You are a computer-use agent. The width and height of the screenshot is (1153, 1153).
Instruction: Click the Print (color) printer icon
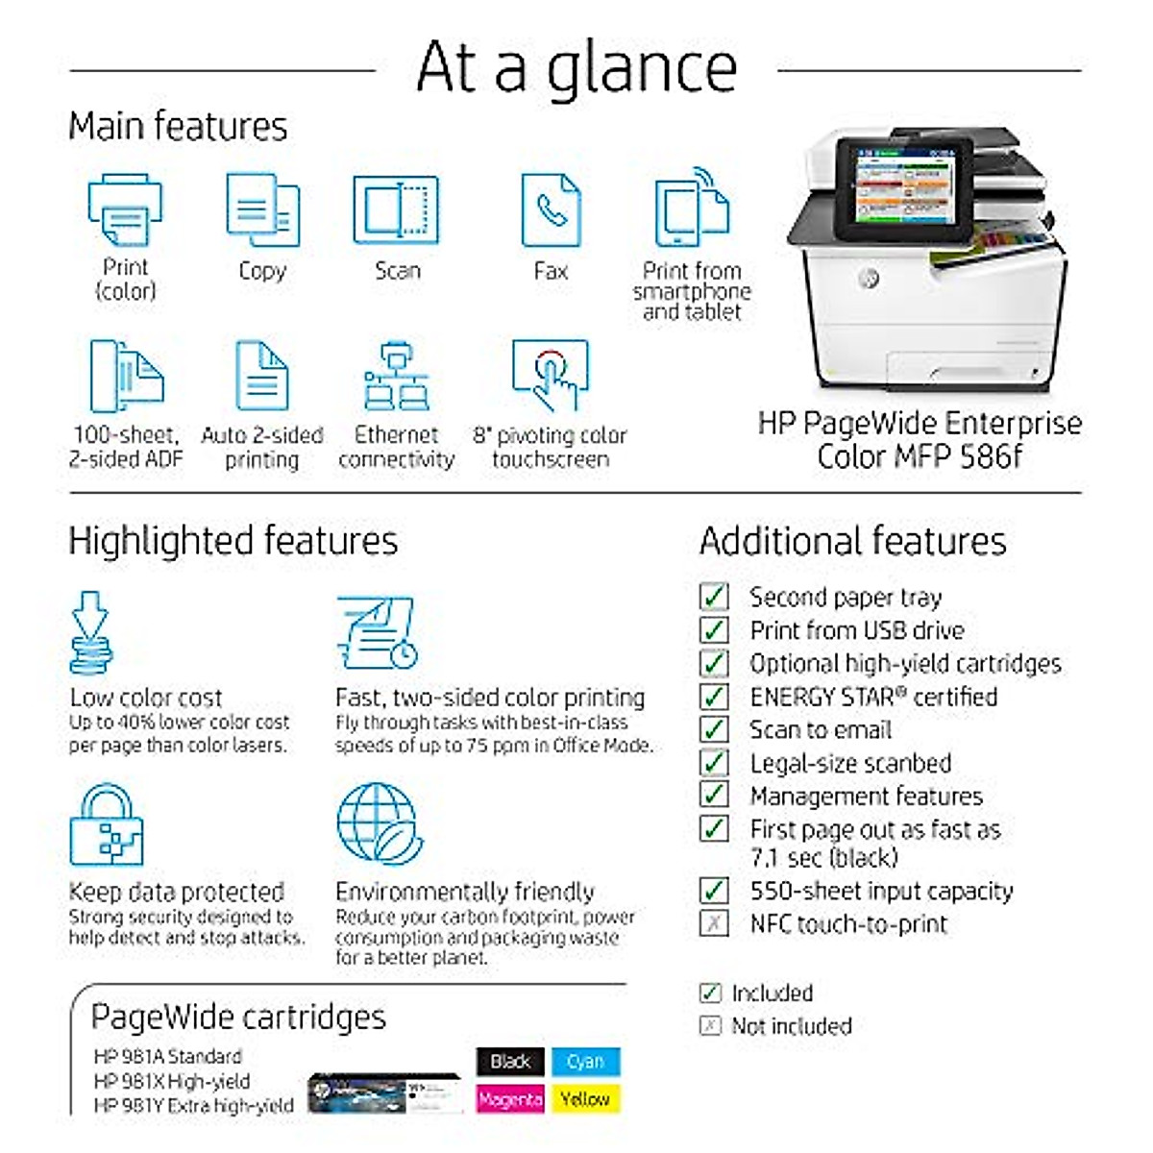click(125, 209)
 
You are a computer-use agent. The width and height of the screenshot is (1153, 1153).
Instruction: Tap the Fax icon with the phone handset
click(551, 210)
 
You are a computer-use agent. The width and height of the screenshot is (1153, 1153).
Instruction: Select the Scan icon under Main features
click(396, 210)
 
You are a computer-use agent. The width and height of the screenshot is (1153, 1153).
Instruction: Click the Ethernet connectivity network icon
click(396, 376)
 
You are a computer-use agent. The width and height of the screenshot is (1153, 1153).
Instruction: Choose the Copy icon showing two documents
click(262, 210)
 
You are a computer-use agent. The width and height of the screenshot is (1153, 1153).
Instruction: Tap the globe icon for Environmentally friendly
click(379, 824)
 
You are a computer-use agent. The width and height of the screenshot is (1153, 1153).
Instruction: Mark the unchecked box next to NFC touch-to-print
click(714, 923)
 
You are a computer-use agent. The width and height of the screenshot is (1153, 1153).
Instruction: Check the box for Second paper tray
click(714, 597)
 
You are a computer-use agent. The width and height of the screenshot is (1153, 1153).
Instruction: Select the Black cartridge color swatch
click(510, 1061)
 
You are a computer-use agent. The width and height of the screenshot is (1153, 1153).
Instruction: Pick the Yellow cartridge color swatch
click(585, 1098)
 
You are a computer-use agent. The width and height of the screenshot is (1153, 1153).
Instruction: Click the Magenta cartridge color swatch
click(510, 1098)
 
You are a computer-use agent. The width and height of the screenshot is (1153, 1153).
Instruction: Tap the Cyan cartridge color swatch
click(585, 1061)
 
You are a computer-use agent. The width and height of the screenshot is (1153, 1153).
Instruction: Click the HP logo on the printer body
click(869, 278)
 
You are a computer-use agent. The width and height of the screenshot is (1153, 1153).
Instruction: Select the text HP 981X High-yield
click(172, 1081)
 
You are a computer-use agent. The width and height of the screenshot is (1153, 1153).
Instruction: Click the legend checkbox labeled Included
click(710, 993)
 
